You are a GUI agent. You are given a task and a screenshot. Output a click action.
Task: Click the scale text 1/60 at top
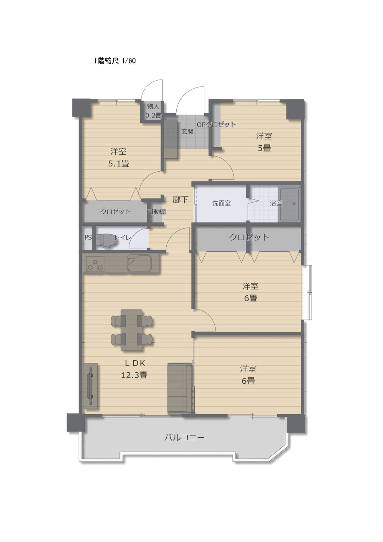[129, 61]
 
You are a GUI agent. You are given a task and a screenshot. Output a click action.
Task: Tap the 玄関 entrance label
[187, 132]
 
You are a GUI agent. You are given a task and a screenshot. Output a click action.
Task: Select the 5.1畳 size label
[118, 164]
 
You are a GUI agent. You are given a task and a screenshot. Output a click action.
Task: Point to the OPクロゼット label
[216, 125]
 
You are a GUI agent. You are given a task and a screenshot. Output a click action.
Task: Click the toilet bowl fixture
[105, 241]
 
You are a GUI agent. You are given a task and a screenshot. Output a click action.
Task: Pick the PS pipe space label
[88, 237]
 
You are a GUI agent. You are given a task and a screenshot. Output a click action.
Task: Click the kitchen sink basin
[139, 263]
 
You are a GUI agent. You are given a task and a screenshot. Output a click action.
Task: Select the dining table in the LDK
[132, 330]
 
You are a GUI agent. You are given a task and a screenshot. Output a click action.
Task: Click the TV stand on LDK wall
[91, 386]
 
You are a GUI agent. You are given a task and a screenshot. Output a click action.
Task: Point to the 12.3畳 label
[134, 375]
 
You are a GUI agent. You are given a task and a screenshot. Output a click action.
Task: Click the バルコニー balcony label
[184, 438]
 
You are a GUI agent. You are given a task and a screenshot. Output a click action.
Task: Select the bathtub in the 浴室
[289, 204]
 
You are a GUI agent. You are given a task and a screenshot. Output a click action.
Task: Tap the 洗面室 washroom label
[221, 203]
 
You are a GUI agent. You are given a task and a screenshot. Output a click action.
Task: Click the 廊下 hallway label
[180, 199]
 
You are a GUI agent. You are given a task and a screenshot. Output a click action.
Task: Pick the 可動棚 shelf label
[157, 212]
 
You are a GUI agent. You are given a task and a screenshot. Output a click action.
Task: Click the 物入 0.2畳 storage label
[153, 111]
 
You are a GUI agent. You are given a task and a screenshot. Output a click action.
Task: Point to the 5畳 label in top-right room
[264, 148]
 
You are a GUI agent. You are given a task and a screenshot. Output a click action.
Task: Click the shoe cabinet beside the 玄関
[171, 139]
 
